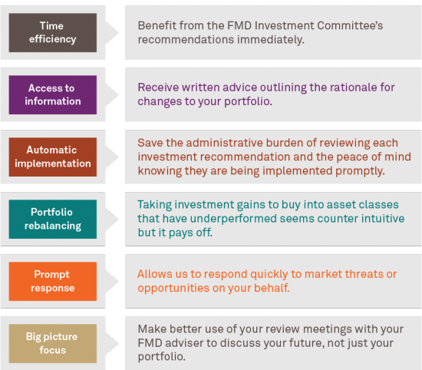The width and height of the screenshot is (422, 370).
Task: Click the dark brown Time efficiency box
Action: point(53,32)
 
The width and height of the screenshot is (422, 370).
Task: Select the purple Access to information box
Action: point(53,94)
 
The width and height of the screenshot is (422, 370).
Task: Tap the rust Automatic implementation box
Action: point(53,157)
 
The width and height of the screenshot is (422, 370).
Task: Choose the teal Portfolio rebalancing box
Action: point(53,220)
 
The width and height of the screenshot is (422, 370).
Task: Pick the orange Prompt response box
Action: point(53,282)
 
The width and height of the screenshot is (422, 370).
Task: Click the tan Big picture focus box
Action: point(53,344)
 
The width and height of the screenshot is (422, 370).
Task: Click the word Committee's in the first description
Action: point(350,25)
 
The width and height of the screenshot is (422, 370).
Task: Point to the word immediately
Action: point(271,40)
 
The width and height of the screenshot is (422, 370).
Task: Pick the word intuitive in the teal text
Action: point(383,218)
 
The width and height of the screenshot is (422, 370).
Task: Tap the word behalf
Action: point(272,288)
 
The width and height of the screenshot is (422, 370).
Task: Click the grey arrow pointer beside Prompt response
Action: point(112,282)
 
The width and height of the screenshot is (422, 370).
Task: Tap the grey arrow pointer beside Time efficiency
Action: point(112,32)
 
